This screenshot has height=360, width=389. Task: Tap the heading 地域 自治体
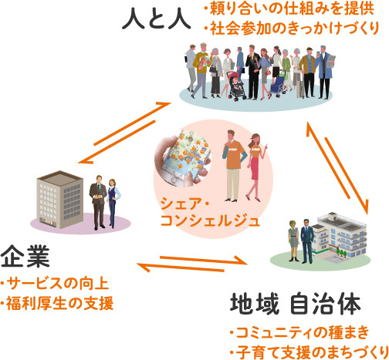296,304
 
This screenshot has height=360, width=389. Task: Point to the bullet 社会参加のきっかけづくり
292,28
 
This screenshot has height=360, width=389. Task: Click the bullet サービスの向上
55,284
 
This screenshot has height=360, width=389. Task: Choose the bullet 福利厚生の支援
57,303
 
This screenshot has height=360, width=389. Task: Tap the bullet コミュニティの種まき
299,333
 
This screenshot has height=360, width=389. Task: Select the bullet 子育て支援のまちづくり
310,352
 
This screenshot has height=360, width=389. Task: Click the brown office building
60,200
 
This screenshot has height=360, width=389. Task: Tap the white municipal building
339,237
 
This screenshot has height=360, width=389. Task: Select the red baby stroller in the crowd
235,86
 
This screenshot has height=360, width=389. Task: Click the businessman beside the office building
98,202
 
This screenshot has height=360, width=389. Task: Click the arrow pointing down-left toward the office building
117,142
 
